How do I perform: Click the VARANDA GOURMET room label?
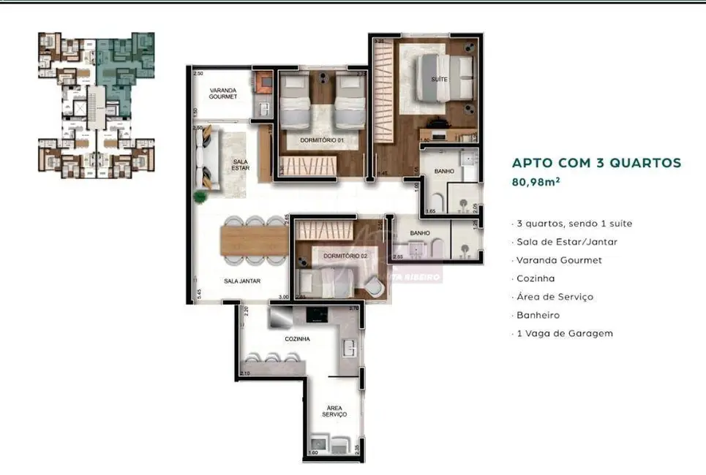[x=222, y=93]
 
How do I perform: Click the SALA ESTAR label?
[x=240, y=165]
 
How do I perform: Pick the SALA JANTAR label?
[x=242, y=281]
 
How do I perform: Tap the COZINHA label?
[x=298, y=339]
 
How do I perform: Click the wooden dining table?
[x=254, y=240]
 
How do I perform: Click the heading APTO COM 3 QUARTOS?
[x=596, y=163]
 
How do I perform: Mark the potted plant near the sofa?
[x=200, y=196]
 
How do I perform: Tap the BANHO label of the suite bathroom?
[x=444, y=171]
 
